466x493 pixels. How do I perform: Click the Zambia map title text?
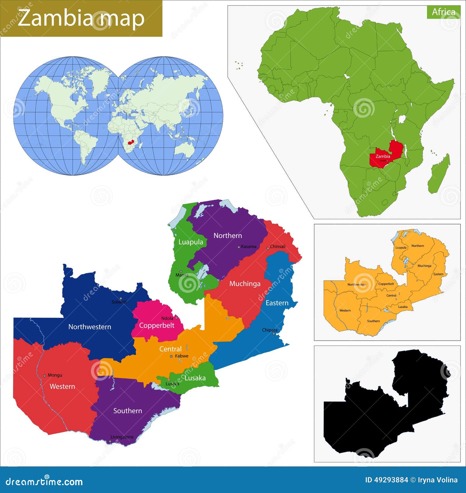pos(81,18)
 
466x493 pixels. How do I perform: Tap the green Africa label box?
pos(443,12)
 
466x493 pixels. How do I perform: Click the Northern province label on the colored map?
pos(227,235)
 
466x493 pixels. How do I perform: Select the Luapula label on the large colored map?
pos(190,242)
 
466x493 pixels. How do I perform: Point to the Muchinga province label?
pos(245,284)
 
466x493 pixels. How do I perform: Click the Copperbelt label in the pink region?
pos(157,325)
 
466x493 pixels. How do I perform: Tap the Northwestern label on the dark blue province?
pos(90,327)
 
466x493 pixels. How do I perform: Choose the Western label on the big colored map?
pos(62,386)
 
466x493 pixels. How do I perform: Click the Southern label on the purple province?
pos(128,410)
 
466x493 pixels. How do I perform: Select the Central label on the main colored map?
pos(170,349)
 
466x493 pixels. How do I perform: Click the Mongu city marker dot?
pos(45,376)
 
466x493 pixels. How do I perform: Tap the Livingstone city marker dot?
pos(110,441)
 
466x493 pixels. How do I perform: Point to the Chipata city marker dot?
pos(274,333)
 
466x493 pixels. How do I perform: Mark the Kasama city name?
pos(249,246)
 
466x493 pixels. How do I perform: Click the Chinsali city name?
pos(278,246)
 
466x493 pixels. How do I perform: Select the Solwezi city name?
pos(119,302)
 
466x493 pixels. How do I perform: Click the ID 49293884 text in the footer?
pos(386,480)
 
